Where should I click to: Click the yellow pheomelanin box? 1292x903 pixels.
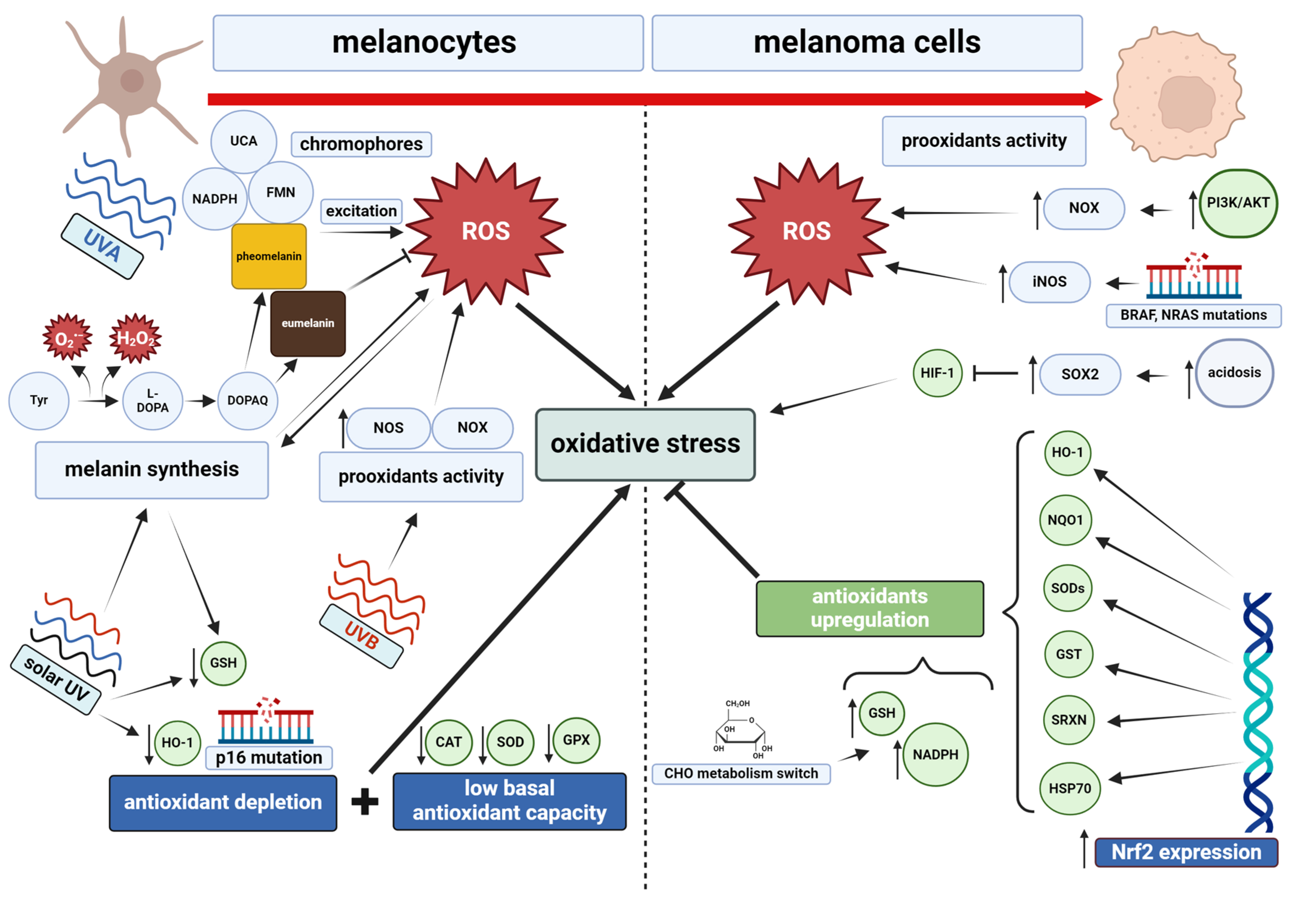click(269, 256)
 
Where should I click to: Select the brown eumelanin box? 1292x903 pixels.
click(308, 324)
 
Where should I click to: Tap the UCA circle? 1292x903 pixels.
click(244, 141)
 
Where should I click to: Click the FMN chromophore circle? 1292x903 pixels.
click(280, 192)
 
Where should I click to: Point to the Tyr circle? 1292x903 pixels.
click(39, 400)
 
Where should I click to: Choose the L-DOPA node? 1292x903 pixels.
click(153, 400)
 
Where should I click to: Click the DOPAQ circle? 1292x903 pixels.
click(248, 400)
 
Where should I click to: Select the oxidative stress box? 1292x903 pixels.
click(645, 444)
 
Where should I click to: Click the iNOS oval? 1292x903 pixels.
click(1049, 281)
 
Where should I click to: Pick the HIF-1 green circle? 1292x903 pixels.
click(937, 373)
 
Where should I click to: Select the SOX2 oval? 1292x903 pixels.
click(1079, 374)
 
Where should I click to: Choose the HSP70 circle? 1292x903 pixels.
click(1069, 788)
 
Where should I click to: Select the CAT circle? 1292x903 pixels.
click(449, 742)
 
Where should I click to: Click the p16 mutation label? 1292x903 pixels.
click(269, 758)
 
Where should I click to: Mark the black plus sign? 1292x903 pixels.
click(365, 802)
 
